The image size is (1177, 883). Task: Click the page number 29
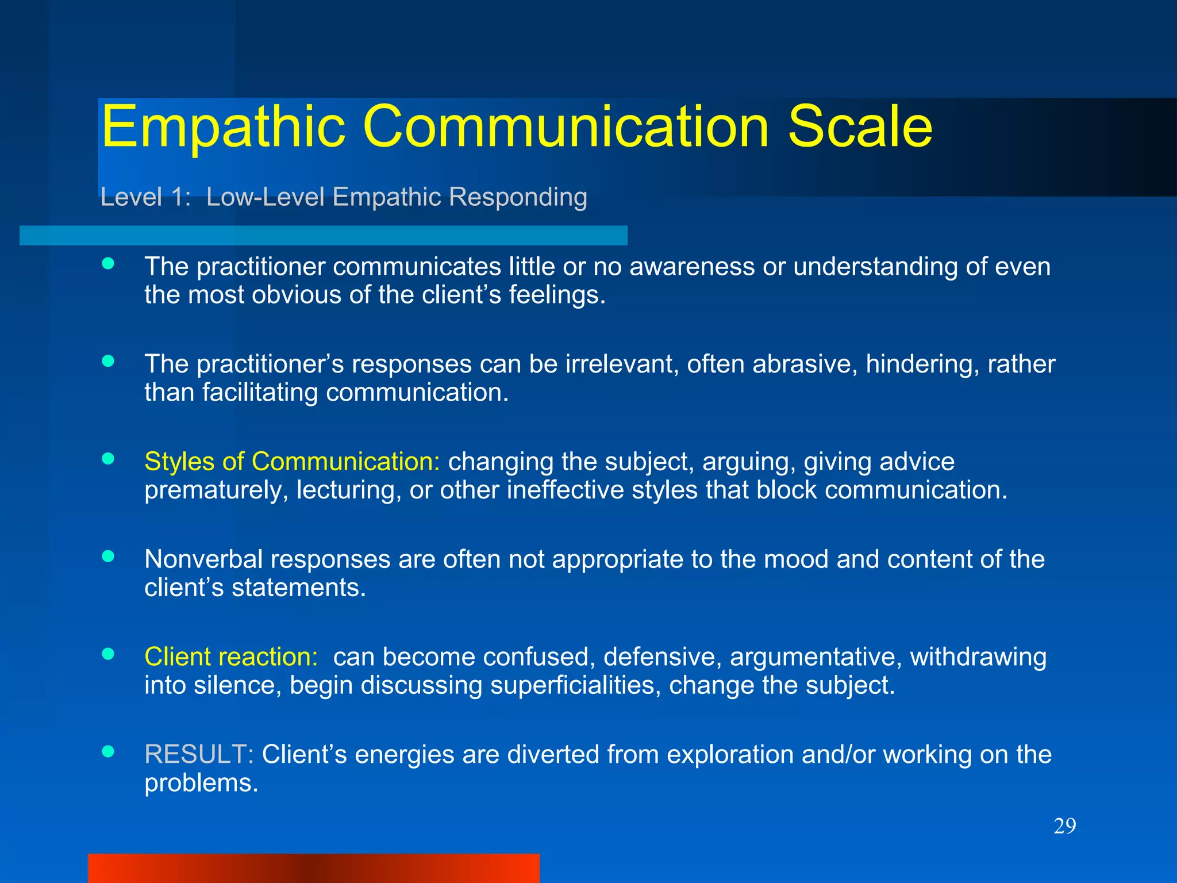(1064, 826)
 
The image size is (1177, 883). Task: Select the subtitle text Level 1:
(145, 197)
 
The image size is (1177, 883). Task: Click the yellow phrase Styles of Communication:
(292, 462)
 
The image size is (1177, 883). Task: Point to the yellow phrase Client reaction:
(231, 657)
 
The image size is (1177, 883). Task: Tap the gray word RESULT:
(199, 754)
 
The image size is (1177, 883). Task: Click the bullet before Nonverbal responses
(108, 556)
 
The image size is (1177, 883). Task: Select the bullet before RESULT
(108, 751)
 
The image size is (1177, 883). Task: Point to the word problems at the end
(201, 784)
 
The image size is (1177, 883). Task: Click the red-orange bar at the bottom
(313, 868)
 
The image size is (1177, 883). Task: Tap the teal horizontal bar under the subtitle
(323, 236)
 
